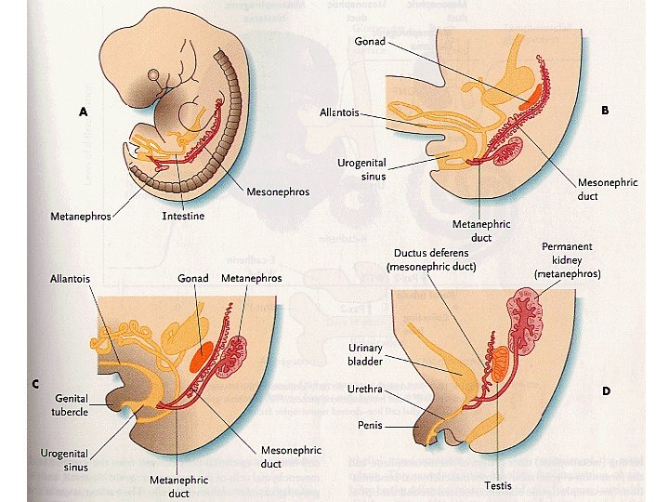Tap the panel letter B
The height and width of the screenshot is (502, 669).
click(605, 110)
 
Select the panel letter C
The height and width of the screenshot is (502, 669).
click(35, 383)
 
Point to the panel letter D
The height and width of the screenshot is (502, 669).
click(606, 390)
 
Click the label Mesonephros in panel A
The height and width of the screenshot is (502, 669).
click(278, 192)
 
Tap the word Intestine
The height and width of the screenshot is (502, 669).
click(183, 216)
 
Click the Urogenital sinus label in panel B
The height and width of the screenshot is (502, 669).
click(361, 168)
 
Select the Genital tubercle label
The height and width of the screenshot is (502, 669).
click(71, 404)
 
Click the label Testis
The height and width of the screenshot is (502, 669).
click(497, 485)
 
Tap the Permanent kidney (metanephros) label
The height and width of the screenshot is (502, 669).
click(568, 260)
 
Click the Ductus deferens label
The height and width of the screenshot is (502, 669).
click(435, 259)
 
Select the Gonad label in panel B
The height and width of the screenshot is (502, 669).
click(370, 41)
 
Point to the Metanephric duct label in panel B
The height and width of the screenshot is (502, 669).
click(480, 230)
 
